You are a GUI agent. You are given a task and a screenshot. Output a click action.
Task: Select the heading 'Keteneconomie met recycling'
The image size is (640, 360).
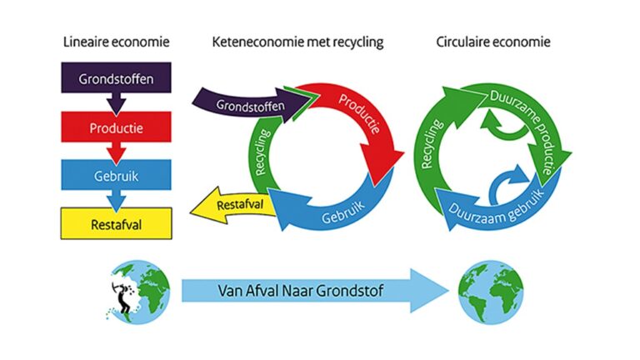point(297,42)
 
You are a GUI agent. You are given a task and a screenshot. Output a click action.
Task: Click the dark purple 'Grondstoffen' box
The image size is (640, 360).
point(116,80)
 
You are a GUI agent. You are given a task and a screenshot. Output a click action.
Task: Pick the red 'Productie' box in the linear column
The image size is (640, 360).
point(116,128)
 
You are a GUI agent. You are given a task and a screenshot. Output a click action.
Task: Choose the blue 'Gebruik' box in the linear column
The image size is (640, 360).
point(116,175)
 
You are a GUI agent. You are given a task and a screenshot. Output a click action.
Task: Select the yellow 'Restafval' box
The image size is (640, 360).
point(116,222)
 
